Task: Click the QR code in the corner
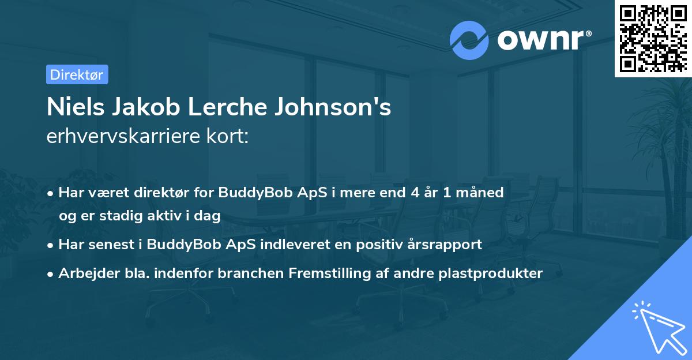[653, 38]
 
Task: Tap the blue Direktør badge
[77, 74]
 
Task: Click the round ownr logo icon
[469, 39]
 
